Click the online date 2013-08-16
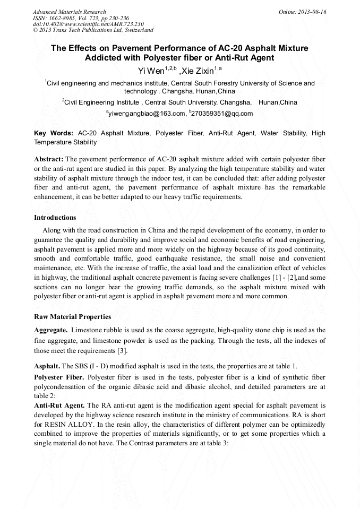pyautogui.click(x=312, y=12)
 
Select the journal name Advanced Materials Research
pyautogui.click(x=69, y=12)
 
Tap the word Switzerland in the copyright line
pyautogui.click(x=134, y=30)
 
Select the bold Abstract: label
pyautogui.click(x=49, y=159)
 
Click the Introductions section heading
pyautogui.click(x=55, y=218)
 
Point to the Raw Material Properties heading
pyautogui.click(x=73, y=317)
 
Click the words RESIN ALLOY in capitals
pyautogui.click(x=68, y=425)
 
